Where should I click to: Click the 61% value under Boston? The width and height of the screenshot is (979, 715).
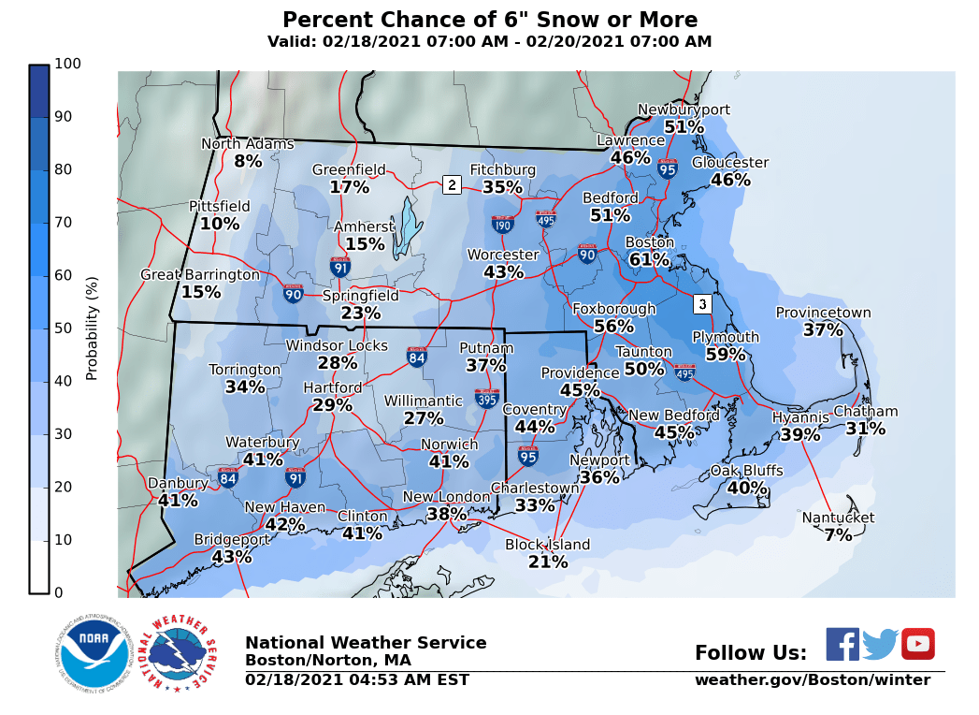coord(649,259)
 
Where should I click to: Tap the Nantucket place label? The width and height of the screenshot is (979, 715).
coord(838,518)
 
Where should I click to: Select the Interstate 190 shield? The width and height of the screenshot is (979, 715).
coord(502,224)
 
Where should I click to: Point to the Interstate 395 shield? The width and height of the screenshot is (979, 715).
coord(486,399)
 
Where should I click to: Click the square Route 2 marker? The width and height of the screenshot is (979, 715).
coord(452,184)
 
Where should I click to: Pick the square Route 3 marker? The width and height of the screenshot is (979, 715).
coord(702,304)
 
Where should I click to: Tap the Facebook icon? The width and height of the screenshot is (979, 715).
coord(842,644)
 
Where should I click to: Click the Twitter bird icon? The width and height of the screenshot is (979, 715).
coord(880,644)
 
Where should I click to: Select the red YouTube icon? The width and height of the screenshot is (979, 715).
coord(917,644)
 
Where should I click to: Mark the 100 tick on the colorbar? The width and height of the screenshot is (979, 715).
coord(68,64)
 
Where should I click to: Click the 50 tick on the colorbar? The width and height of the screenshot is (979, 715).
coord(68,328)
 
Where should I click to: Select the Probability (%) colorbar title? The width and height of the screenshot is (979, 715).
coord(92,328)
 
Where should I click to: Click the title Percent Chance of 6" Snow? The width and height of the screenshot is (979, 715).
coord(490,20)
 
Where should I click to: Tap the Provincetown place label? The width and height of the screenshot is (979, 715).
coord(823,313)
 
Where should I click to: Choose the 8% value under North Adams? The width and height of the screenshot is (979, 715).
coord(248,161)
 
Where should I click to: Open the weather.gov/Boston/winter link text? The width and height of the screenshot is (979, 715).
coord(812,680)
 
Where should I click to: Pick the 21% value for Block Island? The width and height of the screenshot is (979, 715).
coord(548,562)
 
